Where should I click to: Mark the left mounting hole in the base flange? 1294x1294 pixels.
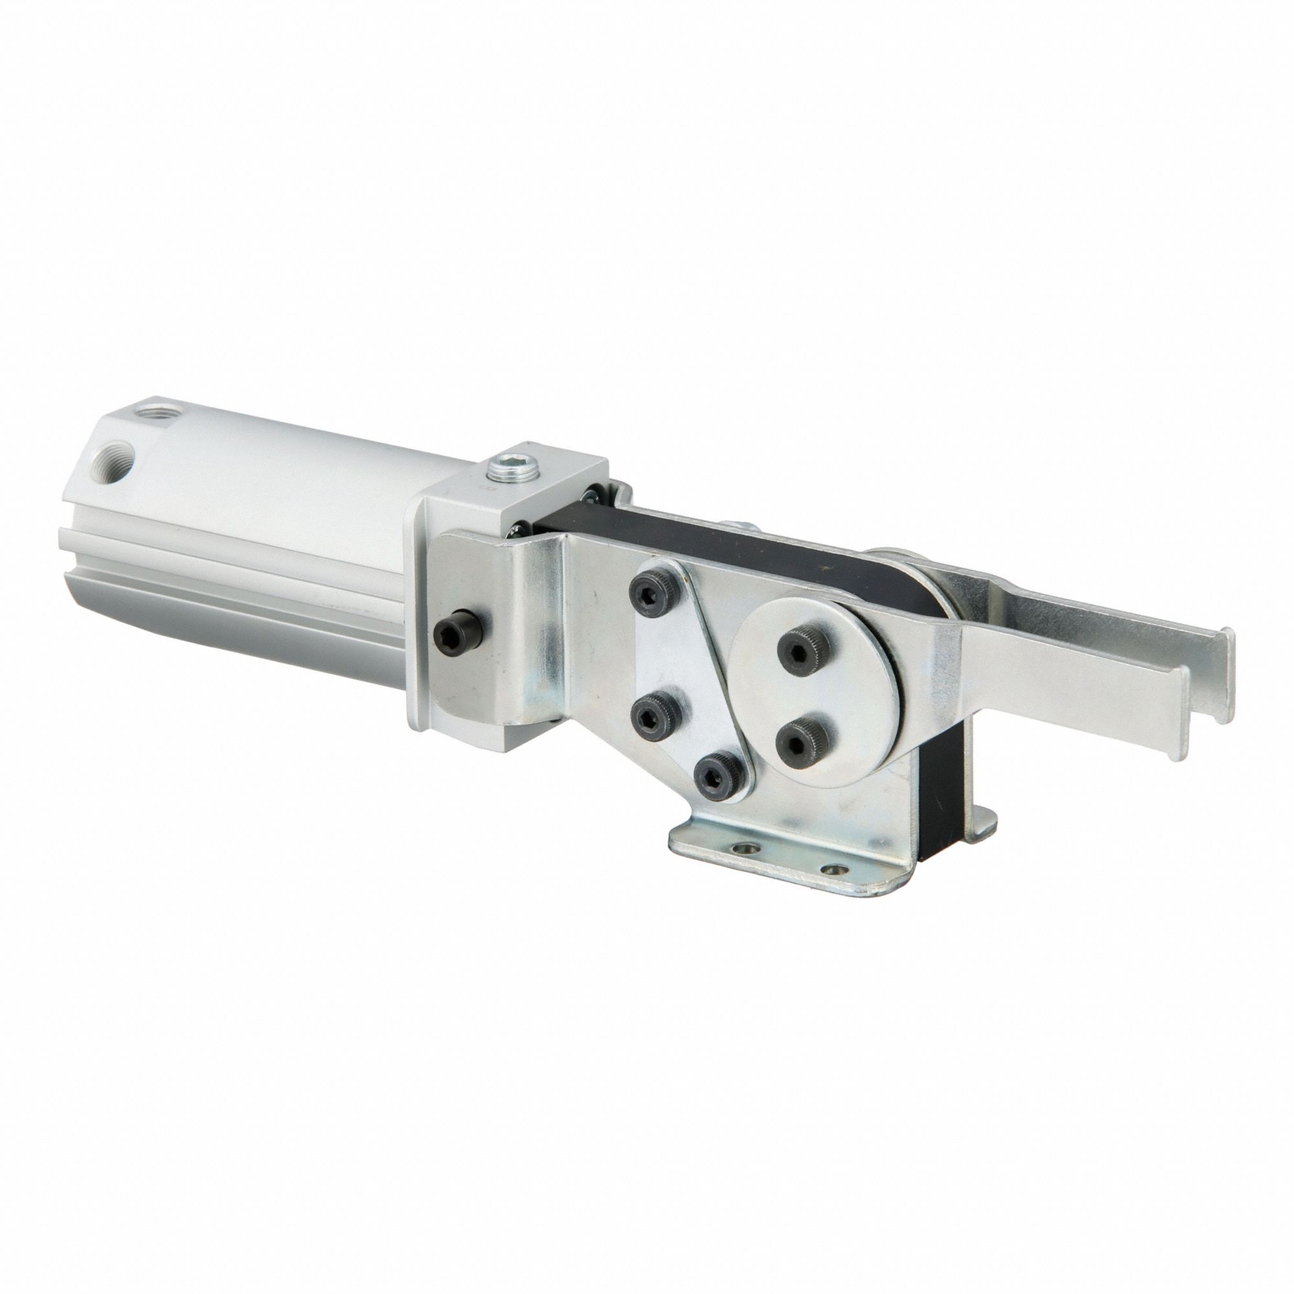coord(743,850)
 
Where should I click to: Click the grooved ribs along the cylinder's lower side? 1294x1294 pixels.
coord(234,589)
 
